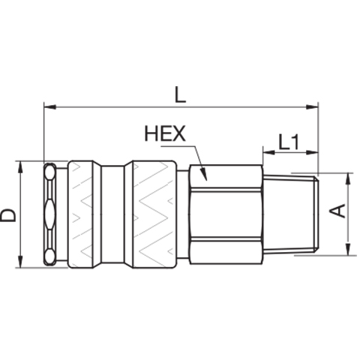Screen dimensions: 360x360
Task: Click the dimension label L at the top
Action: point(180,94)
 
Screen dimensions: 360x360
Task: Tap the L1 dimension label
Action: point(289,142)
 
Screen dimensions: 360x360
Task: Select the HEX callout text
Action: point(165,133)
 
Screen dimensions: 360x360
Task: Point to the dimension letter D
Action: point(7,215)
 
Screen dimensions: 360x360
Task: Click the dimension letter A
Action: point(337,211)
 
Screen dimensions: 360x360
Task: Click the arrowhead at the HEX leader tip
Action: point(204,174)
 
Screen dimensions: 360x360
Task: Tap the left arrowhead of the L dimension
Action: point(49,107)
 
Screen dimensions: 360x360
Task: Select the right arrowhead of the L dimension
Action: point(312,107)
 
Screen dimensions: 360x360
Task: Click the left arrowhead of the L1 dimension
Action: point(268,152)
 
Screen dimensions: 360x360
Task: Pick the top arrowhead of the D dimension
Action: point(20,167)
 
